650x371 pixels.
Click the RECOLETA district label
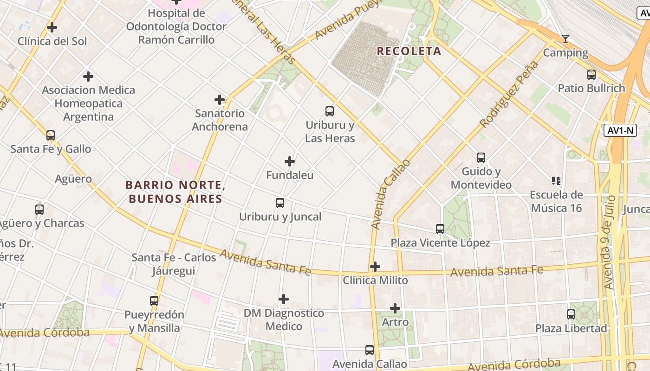coord(409,51)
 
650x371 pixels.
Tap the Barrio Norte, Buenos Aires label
coord(175,192)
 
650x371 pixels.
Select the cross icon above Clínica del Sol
coord(52,27)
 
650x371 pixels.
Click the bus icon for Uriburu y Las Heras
coord(330,111)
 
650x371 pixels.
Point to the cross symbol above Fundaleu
coord(290,161)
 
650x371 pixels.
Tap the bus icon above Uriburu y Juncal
coord(280,203)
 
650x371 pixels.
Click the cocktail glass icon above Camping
coord(565,38)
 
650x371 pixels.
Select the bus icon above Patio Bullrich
coord(591,74)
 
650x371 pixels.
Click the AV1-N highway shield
coord(620,130)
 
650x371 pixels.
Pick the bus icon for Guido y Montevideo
coord(481,158)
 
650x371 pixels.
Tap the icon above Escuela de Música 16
coord(556,180)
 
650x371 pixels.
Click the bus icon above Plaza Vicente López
coord(440,229)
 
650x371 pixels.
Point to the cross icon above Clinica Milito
coord(375,267)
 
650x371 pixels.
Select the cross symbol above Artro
coord(395,308)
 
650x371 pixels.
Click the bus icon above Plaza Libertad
coord(571,314)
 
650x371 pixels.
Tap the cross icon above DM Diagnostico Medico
coord(284,299)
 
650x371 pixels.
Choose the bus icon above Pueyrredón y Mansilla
coord(154,301)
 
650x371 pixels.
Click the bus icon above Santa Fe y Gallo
coord(51,135)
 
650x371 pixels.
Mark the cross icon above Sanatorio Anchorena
coord(220,100)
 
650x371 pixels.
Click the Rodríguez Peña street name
coord(509,94)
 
